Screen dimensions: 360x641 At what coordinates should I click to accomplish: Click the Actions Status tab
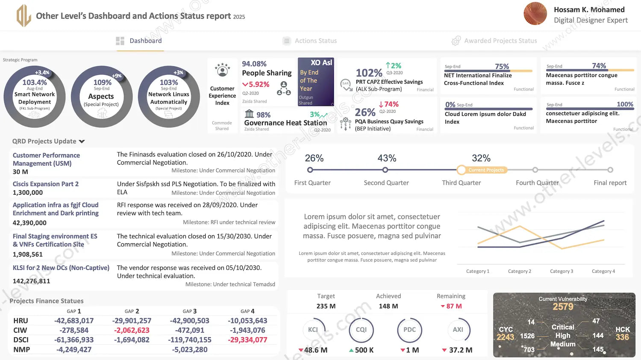point(315,41)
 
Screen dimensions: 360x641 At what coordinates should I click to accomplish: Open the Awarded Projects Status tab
point(500,41)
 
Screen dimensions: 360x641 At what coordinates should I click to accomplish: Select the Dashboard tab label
point(145,41)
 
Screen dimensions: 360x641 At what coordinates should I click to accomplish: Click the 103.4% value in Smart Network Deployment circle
point(35,83)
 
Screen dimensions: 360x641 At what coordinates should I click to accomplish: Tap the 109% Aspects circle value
point(102,82)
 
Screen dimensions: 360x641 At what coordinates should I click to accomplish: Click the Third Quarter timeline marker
point(462,170)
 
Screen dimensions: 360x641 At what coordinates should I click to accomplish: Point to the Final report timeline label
point(610,183)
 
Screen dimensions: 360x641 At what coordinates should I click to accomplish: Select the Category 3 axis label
point(562,271)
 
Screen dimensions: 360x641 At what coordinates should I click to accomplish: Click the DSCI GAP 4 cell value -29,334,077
point(247,340)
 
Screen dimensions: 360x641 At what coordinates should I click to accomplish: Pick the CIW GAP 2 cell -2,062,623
point(132,330)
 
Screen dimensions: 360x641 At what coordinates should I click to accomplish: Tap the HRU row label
point(21,321)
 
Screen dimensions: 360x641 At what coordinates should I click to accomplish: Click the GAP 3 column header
point(190,311)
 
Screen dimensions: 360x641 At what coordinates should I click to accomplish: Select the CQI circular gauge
point(361,330)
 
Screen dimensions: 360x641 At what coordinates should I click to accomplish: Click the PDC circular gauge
point(409,330)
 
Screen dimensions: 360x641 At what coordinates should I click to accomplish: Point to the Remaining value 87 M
point(453,306)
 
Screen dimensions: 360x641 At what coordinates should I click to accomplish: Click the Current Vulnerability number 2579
point(563,307)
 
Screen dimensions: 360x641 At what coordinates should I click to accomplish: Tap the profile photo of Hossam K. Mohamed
point(535,14)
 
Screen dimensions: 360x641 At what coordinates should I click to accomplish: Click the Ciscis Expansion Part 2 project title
point(46,184)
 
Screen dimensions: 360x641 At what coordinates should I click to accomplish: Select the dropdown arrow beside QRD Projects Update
point(82,142)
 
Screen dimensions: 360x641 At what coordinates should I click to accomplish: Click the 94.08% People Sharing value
point(254,64)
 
